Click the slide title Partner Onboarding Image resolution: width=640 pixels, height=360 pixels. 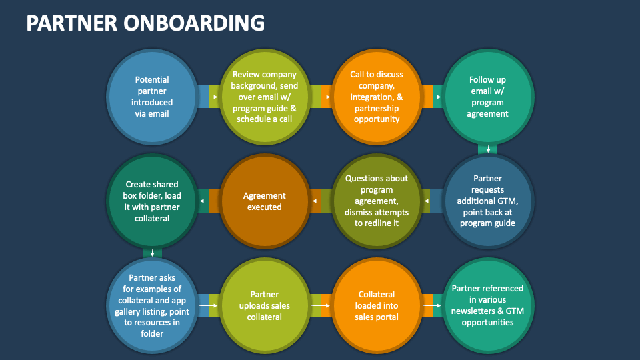point(145,22)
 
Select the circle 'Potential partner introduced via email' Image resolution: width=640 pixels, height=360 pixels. point(152,97)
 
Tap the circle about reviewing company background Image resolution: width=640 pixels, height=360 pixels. point(265,97)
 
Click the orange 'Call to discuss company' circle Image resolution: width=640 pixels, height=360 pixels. point(377,97)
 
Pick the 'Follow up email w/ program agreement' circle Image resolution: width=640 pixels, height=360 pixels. point(489,97)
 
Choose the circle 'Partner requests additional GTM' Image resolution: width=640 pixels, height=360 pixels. point(489,201)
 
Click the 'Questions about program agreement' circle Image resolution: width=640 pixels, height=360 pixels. point(377,201)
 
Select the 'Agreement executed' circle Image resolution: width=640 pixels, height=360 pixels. point(265,201)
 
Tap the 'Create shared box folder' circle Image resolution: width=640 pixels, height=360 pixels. point(152,201)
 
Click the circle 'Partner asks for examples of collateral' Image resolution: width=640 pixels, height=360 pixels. point(152,305)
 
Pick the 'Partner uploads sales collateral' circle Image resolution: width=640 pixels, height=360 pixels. point(265,305)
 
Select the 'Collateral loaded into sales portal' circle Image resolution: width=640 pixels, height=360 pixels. point(377,305)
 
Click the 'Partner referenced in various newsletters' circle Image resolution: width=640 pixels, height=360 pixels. point(489,305)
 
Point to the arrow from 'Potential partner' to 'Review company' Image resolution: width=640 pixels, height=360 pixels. point(208,97)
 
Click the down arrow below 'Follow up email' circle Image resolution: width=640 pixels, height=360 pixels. point(489,149)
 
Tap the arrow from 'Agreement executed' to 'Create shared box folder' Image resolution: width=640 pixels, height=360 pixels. point(208,201)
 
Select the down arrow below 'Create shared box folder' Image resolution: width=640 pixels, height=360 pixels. point(153,253)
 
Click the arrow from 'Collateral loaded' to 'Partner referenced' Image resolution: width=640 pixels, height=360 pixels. point(433,305)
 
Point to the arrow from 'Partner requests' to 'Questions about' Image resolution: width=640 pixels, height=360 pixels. point(433,201)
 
